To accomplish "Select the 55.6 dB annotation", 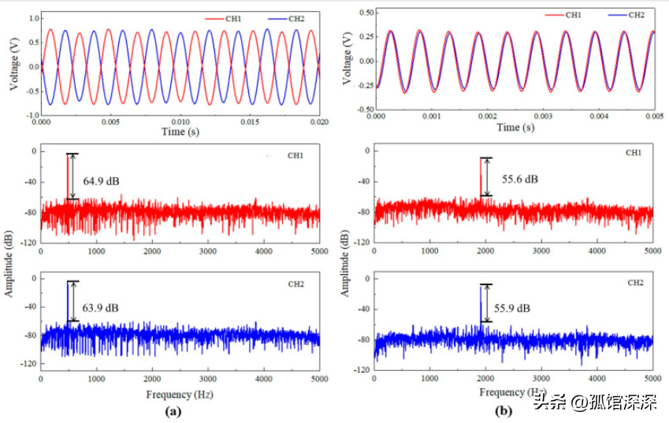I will pos(522,179).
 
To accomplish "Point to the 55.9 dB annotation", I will pos(513,307).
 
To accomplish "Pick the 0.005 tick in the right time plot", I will pos(653,116).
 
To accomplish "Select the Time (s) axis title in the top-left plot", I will pos(180,132).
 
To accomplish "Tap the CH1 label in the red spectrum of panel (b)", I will pos(633,152).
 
